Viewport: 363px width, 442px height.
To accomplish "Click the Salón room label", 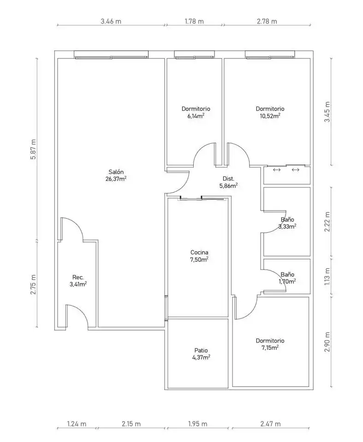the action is pyautogui.click(x=116, y=172).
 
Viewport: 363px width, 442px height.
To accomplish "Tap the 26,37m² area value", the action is pyautogui.click(x=116, y=179).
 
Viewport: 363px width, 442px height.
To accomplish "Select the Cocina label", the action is pyautogui.click(x=199, y=253).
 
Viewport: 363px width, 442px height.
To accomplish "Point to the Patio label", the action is pyautogui.click(x=201, y=351).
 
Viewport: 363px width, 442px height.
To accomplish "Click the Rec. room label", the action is pyautogui.click(x=78, y=277).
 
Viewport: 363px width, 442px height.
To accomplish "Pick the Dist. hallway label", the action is pyautogui.click(x=228, y=179).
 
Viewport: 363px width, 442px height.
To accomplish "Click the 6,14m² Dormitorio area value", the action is pyautogui.click(x=196, y=116).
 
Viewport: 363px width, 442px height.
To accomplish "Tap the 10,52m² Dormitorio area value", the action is pyautogui.click(x=270, y=116).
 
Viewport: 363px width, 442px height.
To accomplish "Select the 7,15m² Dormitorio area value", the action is pyautogui.click(x=270, y=348).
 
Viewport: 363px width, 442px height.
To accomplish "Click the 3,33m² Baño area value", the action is pyautogui.click(x=287, y=226).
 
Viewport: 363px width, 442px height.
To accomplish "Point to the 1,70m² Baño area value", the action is pyautogui.click(x=287, y=281).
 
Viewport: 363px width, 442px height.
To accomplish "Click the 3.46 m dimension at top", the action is pyautogui.click(x=111, y=21).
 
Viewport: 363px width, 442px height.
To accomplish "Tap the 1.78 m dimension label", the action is pyautogui.click(x=194, y=21).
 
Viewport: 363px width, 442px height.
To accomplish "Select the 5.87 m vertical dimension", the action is pyautogui.click(x=33, y=149).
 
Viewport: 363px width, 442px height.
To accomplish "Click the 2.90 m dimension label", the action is pyautogui.click(x=327, y=342).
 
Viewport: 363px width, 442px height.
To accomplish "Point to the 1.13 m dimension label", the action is pyautogui.click(x=327, y=276).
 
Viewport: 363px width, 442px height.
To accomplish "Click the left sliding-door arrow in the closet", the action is pyautogui.click(x=277, y=170).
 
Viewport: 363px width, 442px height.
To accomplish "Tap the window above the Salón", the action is pyautogui.click(x=111, y=55).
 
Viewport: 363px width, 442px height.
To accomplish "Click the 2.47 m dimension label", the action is pyautogui.click(x=270, y=424).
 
